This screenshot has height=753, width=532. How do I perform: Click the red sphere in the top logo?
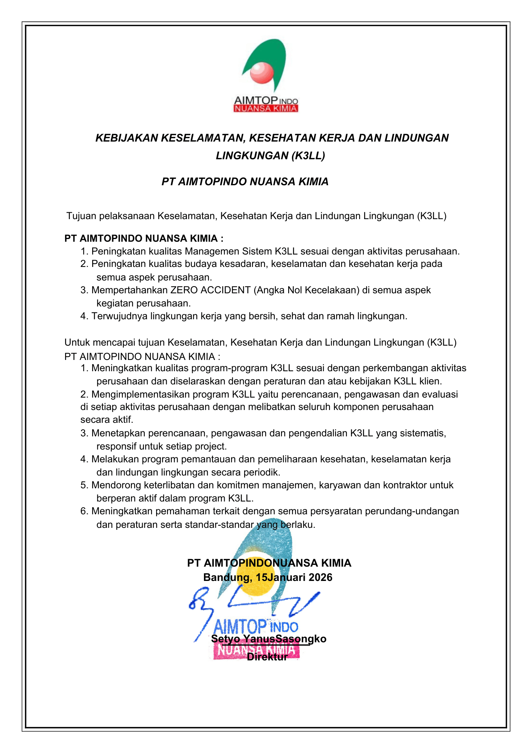pyautogui.click(x=262, y=72)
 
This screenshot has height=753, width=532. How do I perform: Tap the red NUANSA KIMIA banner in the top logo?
pyautogui.click(x=266, y=109)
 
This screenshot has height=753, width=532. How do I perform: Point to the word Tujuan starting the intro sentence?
pyautogui.click(x=81, y=216)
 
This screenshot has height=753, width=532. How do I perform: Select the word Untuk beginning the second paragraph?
pyautogui.click(x=77, y=343)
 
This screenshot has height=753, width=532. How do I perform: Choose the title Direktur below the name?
pyautogui.click(x=267, y=657)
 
